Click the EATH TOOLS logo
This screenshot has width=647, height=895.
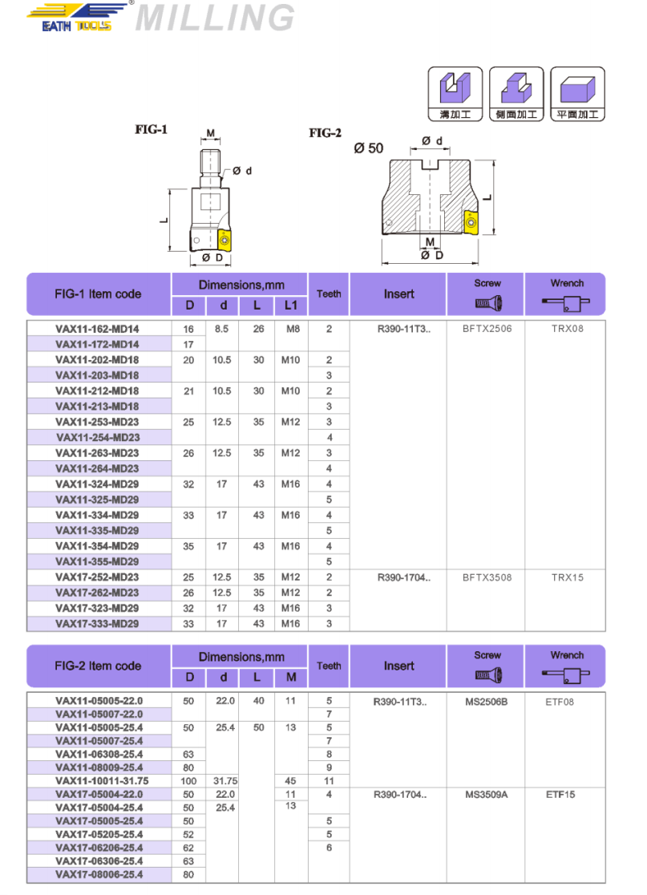[77, 17]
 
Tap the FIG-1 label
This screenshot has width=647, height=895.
[151, 129]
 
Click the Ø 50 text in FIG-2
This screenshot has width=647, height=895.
[368, 148]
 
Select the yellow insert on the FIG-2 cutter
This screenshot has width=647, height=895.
[471, 222]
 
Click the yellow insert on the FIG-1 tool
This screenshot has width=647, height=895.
[225, 238]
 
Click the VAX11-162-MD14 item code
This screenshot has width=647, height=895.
[97, 329]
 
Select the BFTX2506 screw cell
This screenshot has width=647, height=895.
[487, 329]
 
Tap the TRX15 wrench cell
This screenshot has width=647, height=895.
[567, 577]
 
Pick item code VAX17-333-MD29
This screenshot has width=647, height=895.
[97, 624]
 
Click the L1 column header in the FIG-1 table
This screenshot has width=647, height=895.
[290, 305]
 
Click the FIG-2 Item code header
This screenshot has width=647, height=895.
[98, 666]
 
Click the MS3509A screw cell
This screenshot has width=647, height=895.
[487, 795]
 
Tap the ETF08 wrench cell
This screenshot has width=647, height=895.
[567, 702]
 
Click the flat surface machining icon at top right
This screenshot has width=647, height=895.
[583, 87]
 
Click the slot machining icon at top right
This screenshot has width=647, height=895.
[455, 87]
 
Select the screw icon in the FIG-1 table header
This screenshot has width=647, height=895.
[487, 302]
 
